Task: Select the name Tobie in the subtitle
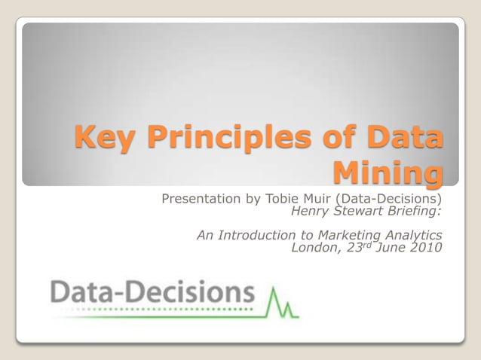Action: pyautogui.click(x=280, y=200)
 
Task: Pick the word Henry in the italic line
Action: pyautogui.click(x=308, y=211)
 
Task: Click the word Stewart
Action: pyautogui.click(x=355, y=211)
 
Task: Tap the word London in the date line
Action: pyautogui.click(x=314, y=247)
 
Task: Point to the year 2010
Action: pyautogui.click(x=426, y=247)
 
